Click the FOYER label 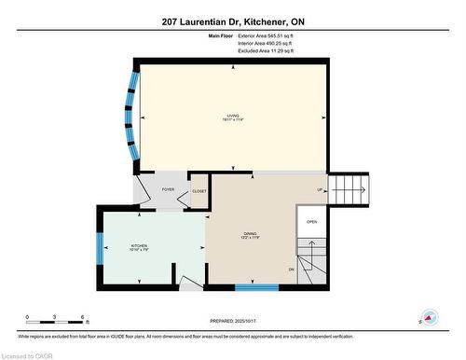(x=168, y=189)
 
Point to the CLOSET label (x=199, y=191)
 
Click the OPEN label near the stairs (x=312, y=222)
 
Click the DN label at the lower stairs (x=291, y=270)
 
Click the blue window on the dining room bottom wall (x=256, y=286)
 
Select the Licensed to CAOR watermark (x=28, y=353)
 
